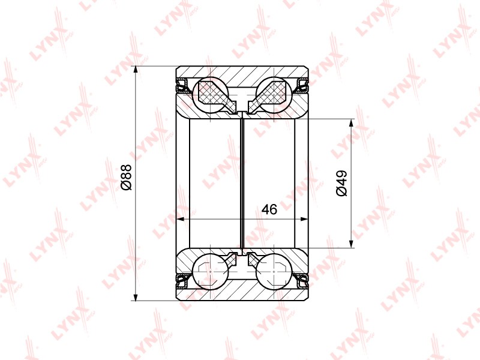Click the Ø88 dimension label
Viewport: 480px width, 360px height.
click(126, 177)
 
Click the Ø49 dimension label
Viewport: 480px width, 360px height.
click(341, 184)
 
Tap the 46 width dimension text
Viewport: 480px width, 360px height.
click(269, 209)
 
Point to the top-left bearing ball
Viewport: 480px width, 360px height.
click(211, 94)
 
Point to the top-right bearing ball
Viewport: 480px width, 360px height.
click(274, 94)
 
